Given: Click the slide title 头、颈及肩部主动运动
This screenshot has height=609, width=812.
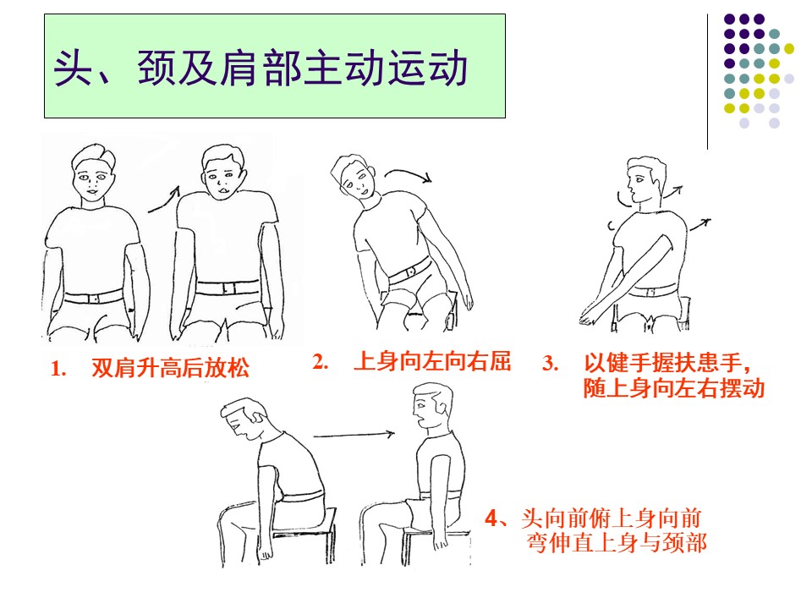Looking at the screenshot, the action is [x=261, y=68].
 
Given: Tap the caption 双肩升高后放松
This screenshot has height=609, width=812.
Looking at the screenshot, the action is [x=170, y=368].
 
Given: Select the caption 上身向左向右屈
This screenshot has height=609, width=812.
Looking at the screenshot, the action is [x=432, y=361].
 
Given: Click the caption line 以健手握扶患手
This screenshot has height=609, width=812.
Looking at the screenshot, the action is [x=667, y=363].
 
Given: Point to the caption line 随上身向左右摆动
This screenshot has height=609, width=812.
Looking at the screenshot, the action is [x=674, y=388].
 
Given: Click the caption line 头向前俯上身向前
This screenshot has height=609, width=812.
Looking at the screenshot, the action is [x=611, y=518].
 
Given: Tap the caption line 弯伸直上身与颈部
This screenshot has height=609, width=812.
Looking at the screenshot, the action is [x=617, y=543].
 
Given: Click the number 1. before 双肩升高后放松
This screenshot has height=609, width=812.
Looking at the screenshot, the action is [x=58, y=370].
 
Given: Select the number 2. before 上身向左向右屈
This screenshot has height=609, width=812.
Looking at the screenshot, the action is [x=320, y=361].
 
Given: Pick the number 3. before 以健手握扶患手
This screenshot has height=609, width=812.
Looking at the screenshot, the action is [x=550, y=363].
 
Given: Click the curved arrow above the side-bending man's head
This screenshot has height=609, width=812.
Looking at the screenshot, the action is [x=408, y=175].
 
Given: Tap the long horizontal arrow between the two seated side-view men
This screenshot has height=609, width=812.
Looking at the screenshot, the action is [x=354, y=435].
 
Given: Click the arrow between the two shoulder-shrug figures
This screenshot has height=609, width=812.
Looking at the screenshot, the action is [x=163, y=200].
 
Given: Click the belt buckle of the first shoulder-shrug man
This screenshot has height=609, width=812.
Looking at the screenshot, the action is [x=94, y=299].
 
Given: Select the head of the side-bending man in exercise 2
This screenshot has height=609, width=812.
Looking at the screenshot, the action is [x=354, y=178].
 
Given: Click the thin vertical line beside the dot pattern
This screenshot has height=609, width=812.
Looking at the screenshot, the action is [x=707, y=82].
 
